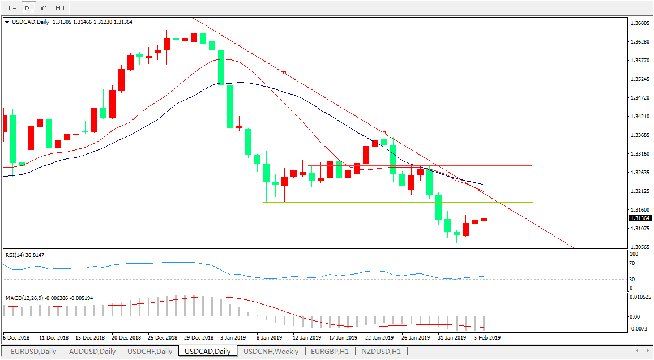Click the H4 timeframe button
[11, 8]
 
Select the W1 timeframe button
[45, 8]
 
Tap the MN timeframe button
[60, 8]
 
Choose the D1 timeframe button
[28, 8]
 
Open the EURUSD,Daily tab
[33, 352]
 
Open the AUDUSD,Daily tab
[92, 352]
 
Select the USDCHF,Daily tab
[149, 352]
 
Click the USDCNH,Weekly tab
[271, 352]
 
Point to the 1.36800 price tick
[640, 23]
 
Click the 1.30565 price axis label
[640, 247]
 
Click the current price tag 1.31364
[640, 218]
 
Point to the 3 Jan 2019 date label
[233, 337]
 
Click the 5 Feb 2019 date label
[486, 337]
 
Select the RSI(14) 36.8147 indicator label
[25, 255]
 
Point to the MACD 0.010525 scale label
[640, 297]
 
